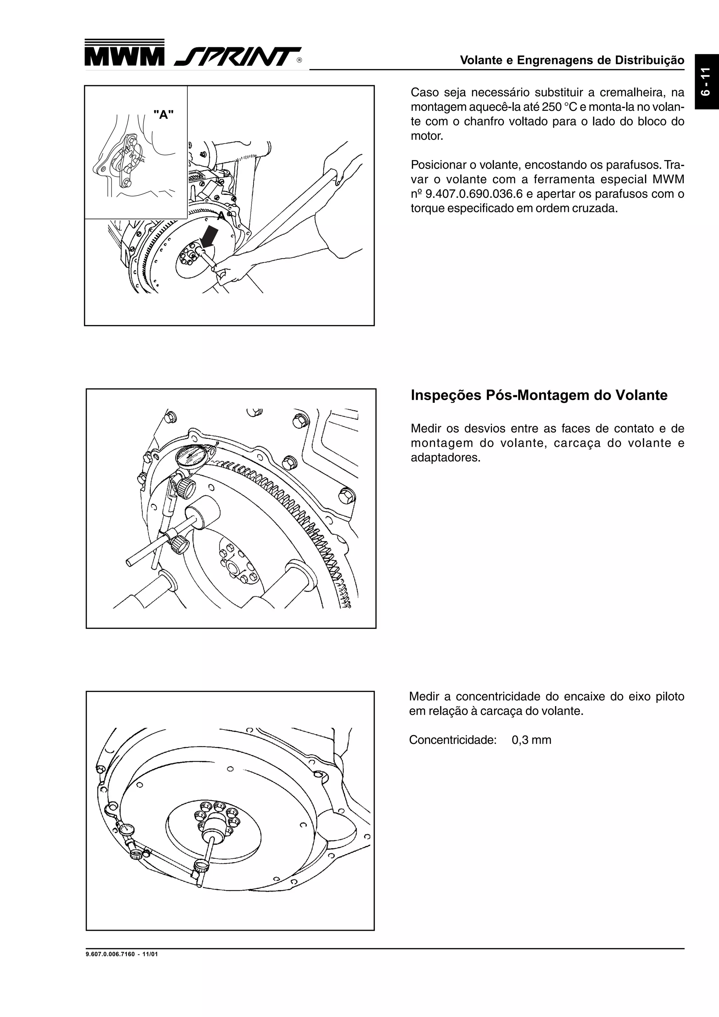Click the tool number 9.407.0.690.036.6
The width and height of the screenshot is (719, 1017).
474,194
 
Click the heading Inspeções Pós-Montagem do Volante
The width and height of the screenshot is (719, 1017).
539,395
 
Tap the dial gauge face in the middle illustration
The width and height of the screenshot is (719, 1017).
191,456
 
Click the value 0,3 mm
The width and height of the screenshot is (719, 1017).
531,740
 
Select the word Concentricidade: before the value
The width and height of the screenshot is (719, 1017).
452,740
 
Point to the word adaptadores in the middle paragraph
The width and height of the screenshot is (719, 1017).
444,458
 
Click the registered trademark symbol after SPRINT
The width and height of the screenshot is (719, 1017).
299,61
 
